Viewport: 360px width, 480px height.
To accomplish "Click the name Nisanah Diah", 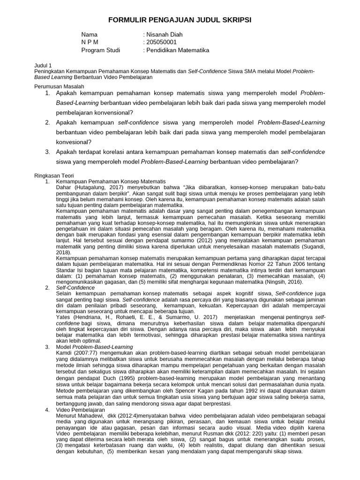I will (164, 34).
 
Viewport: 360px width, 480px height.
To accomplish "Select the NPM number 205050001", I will (161, 42).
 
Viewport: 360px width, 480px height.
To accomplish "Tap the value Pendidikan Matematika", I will (178, 50).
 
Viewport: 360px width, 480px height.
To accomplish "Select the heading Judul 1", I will (45, 65).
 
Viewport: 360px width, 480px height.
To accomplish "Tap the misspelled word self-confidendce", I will (303, 152).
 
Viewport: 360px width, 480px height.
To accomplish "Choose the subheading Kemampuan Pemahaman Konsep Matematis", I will (111, 180).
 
